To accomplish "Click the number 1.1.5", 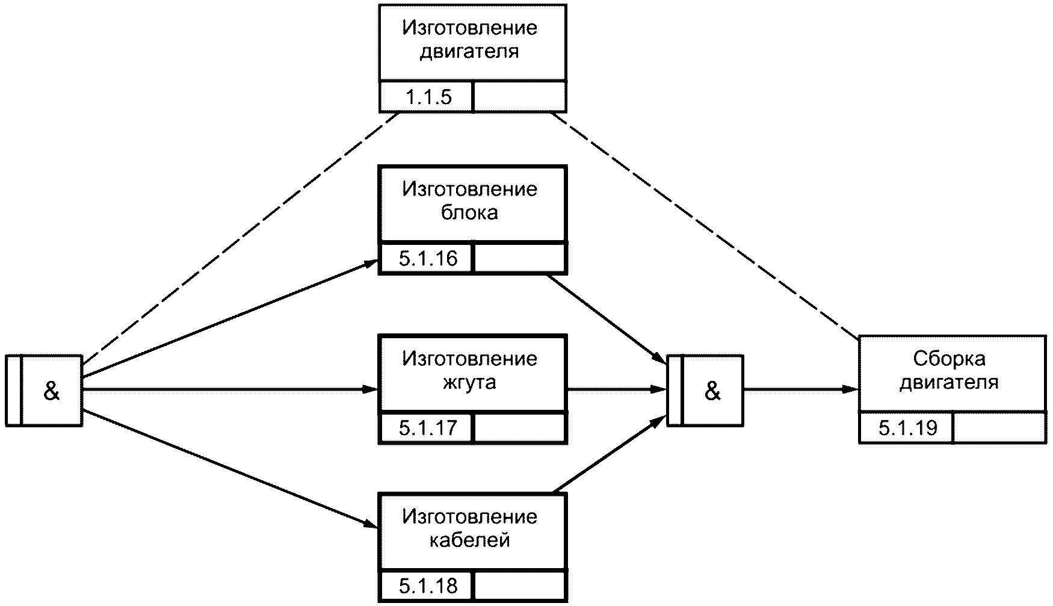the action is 428,97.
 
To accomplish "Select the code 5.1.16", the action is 428,259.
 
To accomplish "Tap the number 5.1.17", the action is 428,428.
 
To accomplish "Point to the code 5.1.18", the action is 428,586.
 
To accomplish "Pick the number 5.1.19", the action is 908,428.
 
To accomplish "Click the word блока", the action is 469,213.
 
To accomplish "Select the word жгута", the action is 469,383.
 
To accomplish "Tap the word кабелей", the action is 469,540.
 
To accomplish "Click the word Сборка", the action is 949,359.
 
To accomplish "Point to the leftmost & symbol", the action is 52,391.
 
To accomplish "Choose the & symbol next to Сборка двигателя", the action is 712,391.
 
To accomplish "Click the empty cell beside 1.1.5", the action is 520,97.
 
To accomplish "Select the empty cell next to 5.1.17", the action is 520,428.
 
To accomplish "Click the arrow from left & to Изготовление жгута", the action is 230,389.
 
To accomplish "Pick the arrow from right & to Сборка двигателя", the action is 801,389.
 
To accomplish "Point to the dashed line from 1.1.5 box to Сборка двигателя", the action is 705,224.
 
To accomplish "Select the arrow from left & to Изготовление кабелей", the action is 230,469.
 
